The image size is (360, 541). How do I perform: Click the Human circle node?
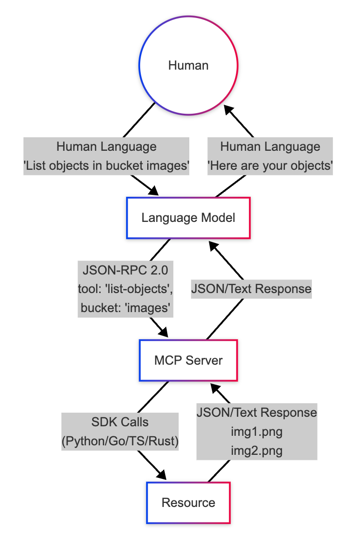[188, 65]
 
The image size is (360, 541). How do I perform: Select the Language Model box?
[188, 218]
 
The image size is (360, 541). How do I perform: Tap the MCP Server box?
[188, 360]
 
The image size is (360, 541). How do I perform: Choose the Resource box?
[188, 502]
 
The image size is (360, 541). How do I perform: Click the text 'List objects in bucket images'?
[106, 166]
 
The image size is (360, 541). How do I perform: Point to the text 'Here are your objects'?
[270, 166]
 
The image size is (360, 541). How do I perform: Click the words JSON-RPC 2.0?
[126, 270]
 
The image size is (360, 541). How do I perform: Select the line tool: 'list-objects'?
[126, 290]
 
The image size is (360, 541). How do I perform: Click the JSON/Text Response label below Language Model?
[251, 289]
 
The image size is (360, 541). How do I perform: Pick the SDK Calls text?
[120, 422]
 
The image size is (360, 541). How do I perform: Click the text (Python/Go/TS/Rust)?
[120, 441]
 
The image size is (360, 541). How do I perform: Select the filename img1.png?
[256, 431]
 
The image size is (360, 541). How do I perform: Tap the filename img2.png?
[256, 450]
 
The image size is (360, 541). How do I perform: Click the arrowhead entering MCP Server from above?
[163, 333]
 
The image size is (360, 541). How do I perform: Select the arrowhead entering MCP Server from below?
[214, 388]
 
